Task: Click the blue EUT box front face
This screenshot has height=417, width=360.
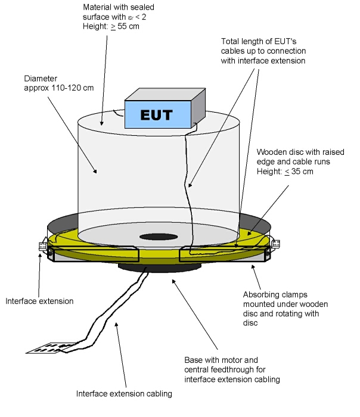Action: [x=158, y=114]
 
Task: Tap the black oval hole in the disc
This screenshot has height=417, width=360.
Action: [x=159, y=236]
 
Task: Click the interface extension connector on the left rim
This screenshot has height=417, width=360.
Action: [x=43, y=245]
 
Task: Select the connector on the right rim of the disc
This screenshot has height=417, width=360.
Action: [x=275, y=243]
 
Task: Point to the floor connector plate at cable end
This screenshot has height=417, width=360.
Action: [x=49, y=348]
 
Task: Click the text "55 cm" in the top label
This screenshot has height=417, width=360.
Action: [x=128, y=26]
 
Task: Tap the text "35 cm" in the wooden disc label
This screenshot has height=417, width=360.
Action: [x=302, y=172]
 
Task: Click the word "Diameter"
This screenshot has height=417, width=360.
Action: [x=41, y=79]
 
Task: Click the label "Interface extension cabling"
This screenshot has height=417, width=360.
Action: [x=124, y=394]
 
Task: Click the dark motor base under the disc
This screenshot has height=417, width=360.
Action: [x=160, y=268]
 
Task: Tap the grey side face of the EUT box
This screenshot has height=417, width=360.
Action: [x=198, y=108]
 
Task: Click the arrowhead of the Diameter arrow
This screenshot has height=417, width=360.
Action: [x=95, y=171]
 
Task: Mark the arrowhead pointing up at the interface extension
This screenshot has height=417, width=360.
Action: [x=40, y=256]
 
